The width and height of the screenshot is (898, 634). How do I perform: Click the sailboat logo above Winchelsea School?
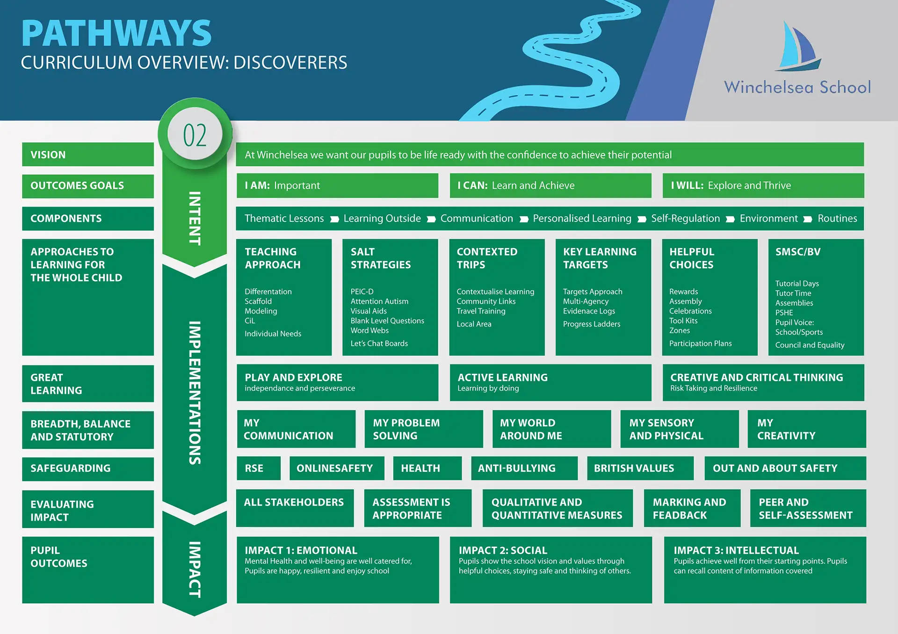click(798, 47)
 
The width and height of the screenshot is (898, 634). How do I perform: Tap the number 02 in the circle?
click(195, 135)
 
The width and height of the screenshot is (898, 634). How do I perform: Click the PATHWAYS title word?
click(116, 34)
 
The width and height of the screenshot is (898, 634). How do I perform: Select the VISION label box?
click(88, 155)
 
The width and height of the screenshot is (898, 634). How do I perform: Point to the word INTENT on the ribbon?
click(195, 218)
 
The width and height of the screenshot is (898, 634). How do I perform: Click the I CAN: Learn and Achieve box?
click(550, 185)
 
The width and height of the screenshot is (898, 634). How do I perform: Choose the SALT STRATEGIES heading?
click(380, 258)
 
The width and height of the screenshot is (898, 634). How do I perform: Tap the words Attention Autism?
click(379, 301)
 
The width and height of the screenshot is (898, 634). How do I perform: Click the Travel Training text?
click(481, 311)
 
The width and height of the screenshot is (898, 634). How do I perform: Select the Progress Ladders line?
click(591, 324)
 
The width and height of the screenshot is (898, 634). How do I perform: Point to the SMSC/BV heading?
click(797, 252)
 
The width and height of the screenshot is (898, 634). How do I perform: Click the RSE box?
click(258, 468)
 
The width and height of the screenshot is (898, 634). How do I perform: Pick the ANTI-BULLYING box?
click(523, 468)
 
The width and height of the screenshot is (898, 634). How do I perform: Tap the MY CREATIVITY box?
click(806, 429)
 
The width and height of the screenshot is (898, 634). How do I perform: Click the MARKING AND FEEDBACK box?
click(691, 509)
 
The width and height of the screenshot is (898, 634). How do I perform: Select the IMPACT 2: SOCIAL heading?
click(502, 550)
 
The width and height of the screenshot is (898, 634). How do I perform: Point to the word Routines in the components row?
click(837, 219)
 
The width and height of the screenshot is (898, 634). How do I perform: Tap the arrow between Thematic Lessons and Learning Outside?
click(334, 219)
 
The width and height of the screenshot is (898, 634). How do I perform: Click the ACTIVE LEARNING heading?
click(502, 378)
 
